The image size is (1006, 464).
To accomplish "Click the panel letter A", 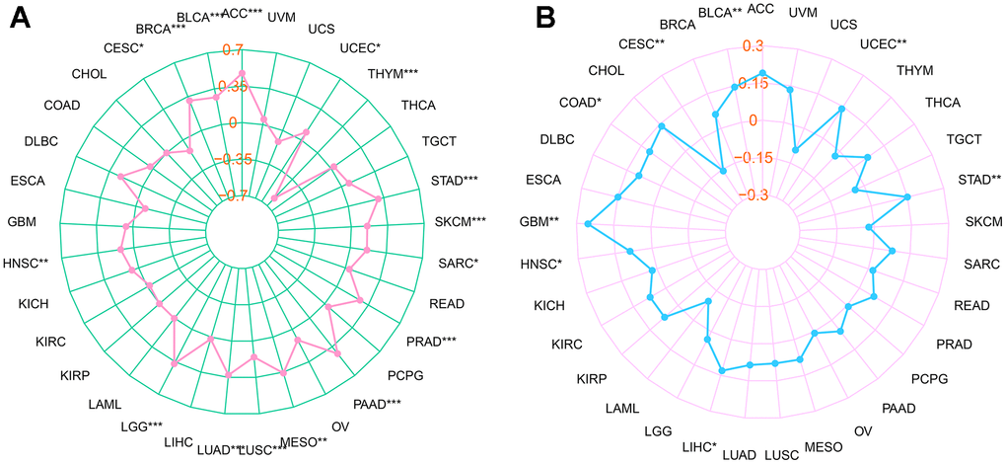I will click(21, 19).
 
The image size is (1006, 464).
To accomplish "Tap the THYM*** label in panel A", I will click(393, 74).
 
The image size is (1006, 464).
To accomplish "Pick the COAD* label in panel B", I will click(579, 102).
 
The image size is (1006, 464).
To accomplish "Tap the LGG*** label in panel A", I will click(141, 426).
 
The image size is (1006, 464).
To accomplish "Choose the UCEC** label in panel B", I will click(884, 43).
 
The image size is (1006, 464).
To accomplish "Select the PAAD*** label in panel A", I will click(378, 404).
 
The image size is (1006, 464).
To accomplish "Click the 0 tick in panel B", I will click(752, 120).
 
